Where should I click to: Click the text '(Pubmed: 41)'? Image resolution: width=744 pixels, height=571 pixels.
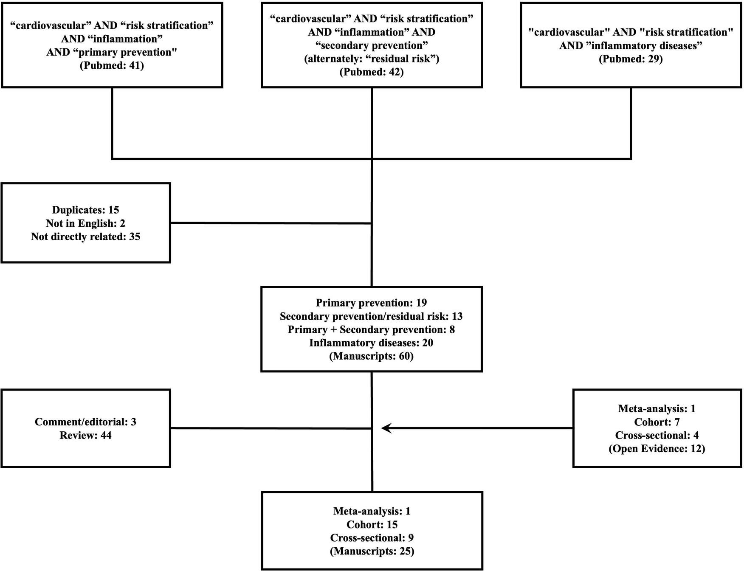112,65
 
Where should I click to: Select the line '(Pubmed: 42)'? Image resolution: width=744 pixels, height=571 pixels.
372,72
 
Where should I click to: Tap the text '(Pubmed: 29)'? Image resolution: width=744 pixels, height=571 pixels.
631,59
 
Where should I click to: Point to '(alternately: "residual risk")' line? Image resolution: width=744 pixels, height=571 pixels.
372,59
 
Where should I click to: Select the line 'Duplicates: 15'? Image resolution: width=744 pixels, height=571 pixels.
85,210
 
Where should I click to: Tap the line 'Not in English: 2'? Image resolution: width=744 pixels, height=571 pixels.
85,223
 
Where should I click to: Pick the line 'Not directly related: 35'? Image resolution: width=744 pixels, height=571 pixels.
85,236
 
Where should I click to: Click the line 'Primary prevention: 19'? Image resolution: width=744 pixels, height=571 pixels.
371,303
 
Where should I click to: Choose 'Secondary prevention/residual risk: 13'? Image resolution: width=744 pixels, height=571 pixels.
371,316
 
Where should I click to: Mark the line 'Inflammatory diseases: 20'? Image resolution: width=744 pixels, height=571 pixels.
371,343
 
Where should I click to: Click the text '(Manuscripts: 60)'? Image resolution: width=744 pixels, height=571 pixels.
371,356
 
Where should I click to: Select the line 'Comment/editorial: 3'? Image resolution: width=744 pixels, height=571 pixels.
85,422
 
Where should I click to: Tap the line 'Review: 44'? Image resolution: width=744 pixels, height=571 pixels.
85,435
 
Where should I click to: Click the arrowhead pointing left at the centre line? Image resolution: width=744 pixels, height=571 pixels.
386,428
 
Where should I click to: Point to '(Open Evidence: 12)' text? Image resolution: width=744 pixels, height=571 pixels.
657,448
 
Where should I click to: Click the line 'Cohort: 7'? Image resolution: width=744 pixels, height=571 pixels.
657,422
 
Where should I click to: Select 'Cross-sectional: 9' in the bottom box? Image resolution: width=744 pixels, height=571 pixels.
372,537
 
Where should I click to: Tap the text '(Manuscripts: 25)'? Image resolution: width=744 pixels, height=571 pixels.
372,551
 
